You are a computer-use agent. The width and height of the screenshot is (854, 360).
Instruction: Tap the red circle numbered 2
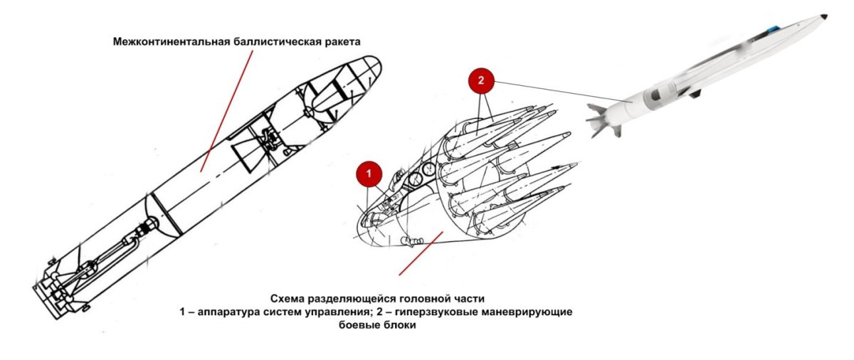(x=480, y=81)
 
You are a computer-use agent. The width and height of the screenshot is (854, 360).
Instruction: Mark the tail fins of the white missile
(x=601, y=117)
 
